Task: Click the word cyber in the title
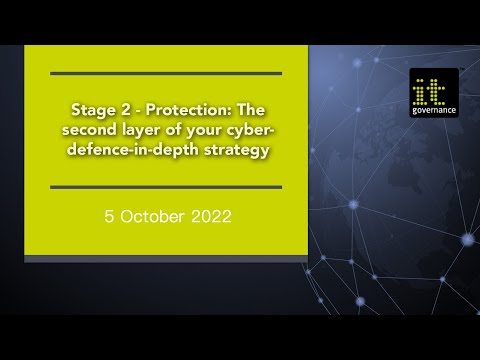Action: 253,129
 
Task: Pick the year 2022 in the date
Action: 210,215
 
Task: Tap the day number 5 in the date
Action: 108,215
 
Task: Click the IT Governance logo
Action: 433,93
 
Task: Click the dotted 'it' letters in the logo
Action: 434,87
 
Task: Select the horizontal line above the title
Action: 166,73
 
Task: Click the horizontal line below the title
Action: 166,187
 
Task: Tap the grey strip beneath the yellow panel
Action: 166,259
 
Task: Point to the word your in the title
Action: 212,129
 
